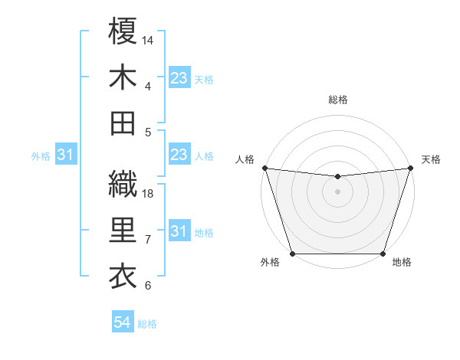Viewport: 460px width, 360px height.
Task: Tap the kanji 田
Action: click(123, 123)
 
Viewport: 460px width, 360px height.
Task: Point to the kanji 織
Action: click(123, 184)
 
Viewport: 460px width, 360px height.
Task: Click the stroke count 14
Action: click(149, 40)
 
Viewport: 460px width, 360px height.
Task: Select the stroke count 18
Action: click(149, 194)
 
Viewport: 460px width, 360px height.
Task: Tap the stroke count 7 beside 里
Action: click(148, 240)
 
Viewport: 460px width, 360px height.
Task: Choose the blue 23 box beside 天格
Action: click(179, 78)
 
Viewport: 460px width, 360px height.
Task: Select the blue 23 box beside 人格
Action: click(179, 155)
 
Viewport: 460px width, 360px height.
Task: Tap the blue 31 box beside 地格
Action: click(179, 231)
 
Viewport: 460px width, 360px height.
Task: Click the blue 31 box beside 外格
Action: click(65, 155)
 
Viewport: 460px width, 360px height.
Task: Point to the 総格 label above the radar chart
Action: click(337, 100)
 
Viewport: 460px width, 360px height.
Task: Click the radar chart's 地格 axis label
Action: click(402, 263)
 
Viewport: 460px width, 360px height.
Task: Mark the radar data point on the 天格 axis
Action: click(411, 168)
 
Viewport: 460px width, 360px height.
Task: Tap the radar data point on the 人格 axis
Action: click(264, 168)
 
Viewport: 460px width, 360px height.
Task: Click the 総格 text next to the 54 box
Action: click(147, 324)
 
